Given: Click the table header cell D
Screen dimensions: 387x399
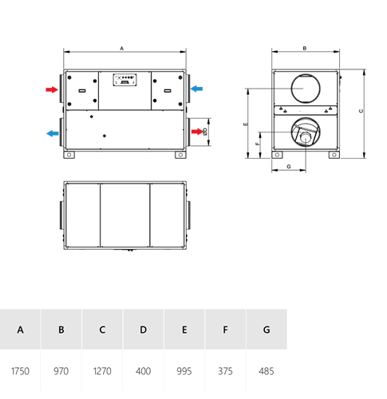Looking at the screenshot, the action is [143, 330].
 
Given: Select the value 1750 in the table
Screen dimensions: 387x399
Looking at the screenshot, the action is [20, 371].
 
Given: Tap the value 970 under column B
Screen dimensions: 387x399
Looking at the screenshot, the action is [61, 371].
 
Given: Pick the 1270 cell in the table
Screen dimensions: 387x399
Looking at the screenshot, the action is [102, 371].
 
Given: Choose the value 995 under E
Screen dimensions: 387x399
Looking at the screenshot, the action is [184, 371].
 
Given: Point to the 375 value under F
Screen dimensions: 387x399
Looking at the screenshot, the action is [225, 371].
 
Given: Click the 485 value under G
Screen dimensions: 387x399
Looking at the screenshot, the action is [267, 371].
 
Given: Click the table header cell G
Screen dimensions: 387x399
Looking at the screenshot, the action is [267, 330].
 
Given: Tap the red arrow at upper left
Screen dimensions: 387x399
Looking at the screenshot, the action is [52, 89].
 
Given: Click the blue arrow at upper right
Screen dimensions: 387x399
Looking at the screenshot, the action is [196, 89].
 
